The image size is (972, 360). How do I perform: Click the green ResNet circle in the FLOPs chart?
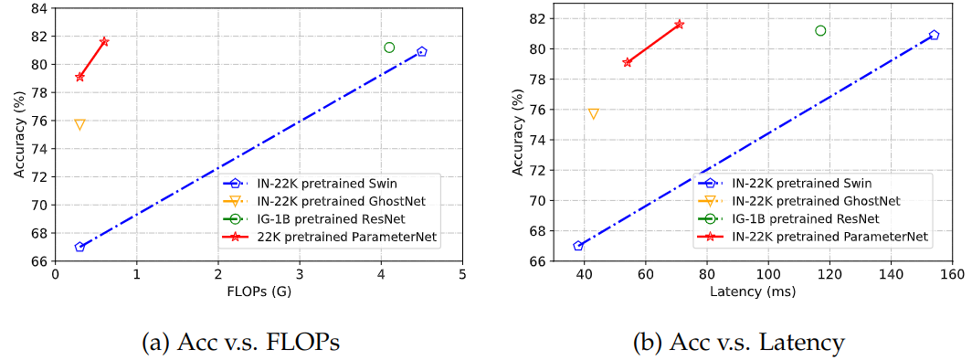[x=389, y=48]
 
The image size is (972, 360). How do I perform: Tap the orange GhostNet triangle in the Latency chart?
[x=593, y=114]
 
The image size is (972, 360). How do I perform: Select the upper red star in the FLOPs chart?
[x=104, y=41]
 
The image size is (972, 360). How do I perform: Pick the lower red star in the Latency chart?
[x=627, y=62]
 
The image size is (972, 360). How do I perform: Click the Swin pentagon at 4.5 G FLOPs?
[x=421, y=52]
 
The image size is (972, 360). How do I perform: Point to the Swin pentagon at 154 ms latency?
[x=934, y=35]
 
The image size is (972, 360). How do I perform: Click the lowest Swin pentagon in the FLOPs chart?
[x=79, y=247]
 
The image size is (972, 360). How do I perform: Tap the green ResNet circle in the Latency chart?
[x=820, y=30]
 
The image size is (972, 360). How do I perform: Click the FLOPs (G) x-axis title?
[x=259, y=291]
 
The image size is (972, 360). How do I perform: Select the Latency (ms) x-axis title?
[x=753, y=291]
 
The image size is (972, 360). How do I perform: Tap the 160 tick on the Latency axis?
[x=952, y=274]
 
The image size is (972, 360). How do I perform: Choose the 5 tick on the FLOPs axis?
[x=462, y=274]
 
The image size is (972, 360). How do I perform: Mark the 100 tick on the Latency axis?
[x=768, y=274]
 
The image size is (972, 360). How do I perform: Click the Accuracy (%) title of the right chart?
[x=519, y=137]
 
